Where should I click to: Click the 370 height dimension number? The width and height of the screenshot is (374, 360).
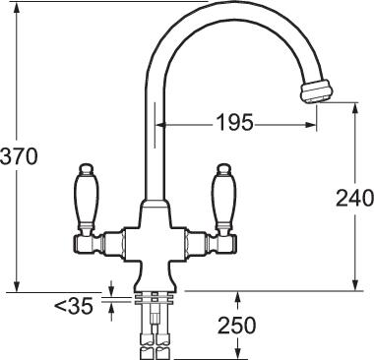(19, 156)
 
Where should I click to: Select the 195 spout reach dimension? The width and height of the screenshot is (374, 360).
(234, 123)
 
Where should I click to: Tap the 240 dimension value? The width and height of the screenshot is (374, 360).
(354, 198)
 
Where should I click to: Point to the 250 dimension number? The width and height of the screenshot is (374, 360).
(237, 326)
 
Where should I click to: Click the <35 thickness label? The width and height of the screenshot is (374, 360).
(74, 307)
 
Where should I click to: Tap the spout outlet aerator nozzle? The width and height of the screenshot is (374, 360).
(317, 91)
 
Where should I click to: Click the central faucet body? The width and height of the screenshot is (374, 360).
(155, 246)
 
